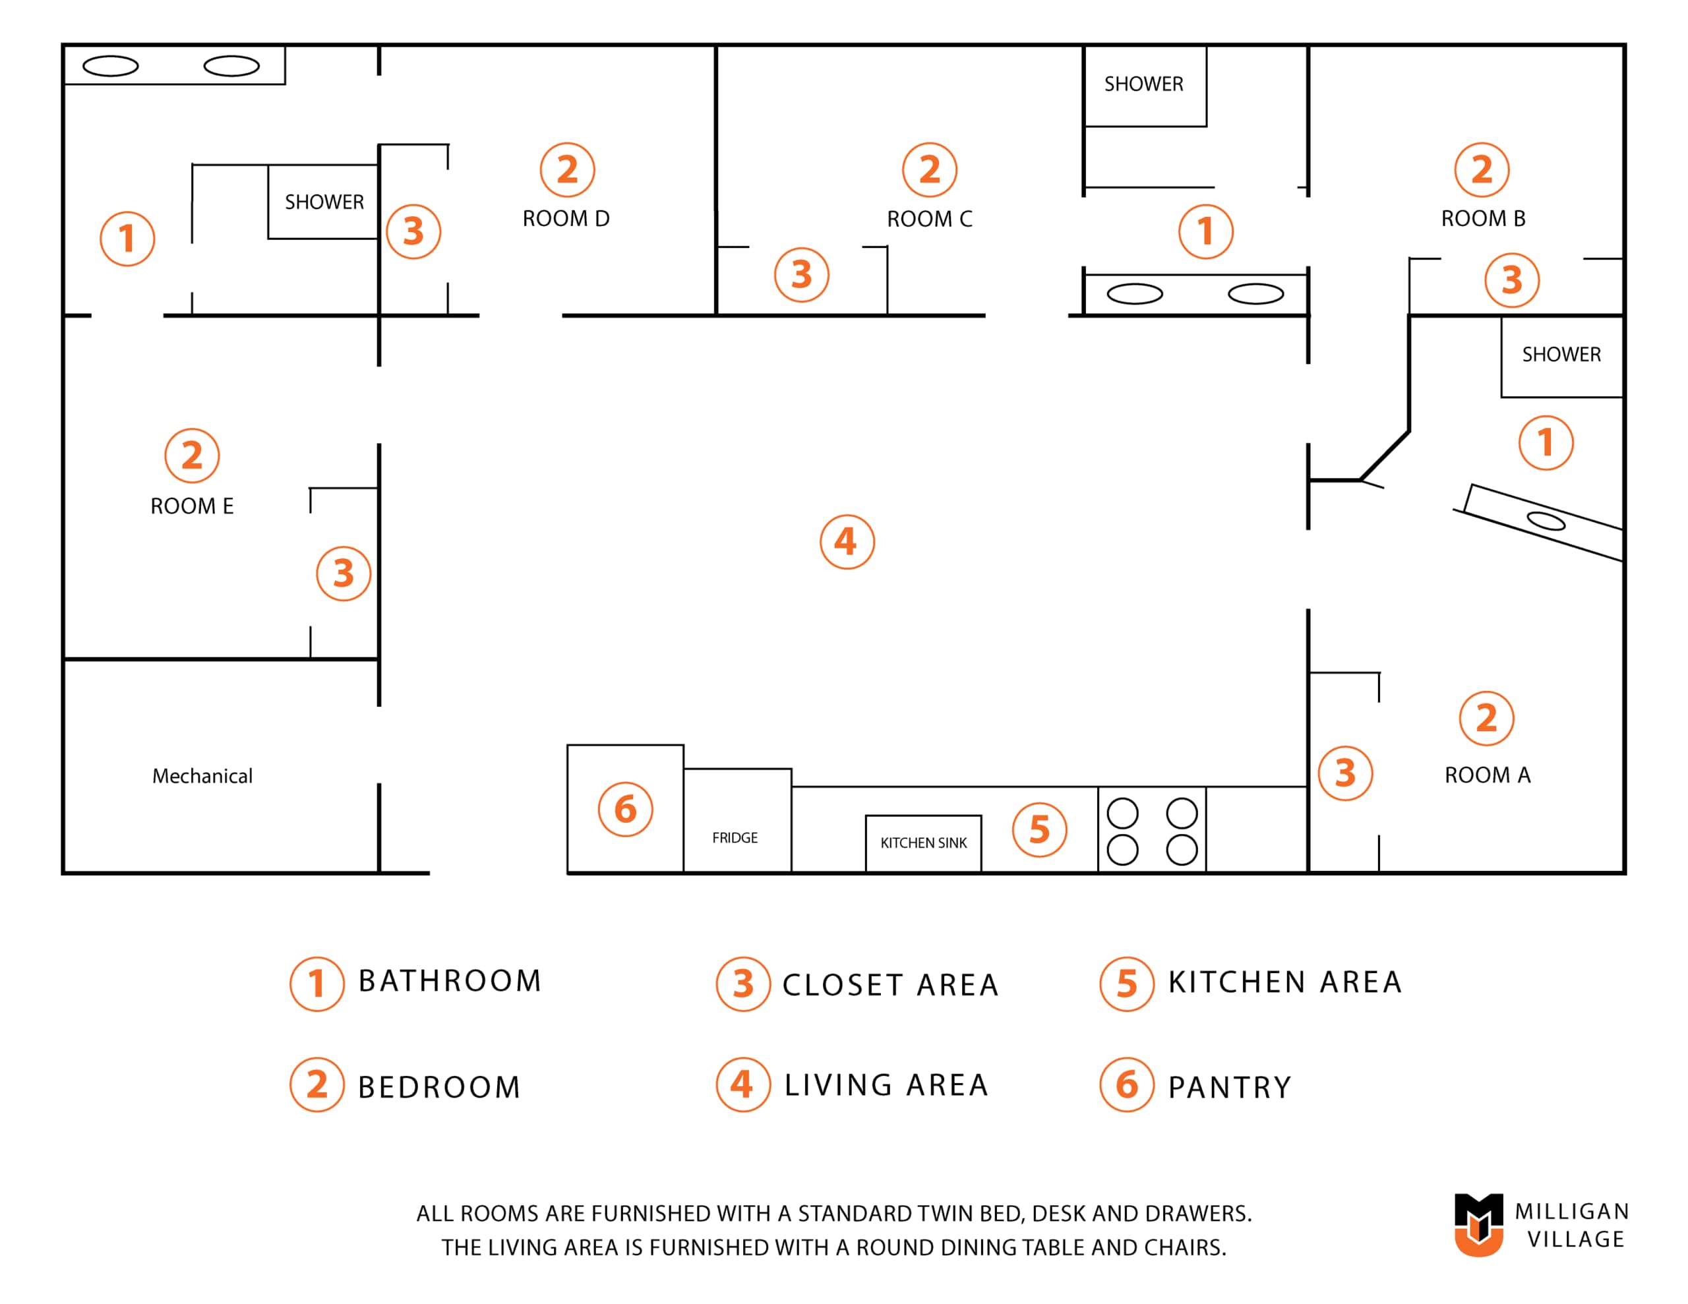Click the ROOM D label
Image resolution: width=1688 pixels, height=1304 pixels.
click(x=566, y=219)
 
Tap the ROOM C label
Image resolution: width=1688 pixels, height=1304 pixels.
click(x=929, y=219)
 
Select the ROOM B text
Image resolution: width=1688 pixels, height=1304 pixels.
click(x=1482, y=219)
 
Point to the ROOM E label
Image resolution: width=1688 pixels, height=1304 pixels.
click(x=192, y=506)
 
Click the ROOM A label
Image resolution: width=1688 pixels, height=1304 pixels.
click(x=1487, y=775)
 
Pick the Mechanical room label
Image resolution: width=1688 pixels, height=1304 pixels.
click(x=202, y=775)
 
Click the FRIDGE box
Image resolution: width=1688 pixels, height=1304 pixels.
click(x=737, y=820)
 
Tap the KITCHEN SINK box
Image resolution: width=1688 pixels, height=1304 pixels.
click(x=923, y=843)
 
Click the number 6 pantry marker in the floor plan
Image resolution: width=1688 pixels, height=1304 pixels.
click(x=625, y=810)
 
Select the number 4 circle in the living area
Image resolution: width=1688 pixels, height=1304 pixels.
click(x=847, y=542)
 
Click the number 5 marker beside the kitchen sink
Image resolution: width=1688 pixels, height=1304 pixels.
click(x=1040, y=829)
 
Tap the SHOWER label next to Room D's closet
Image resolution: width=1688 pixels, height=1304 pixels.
click(x=324, y=202)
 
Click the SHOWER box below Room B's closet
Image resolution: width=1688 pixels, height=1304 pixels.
click(x=1561, y=357)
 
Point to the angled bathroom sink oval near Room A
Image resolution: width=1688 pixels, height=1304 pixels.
click(x=1546, y=521)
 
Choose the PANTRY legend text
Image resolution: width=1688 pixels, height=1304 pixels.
click(x=1229, y=1087)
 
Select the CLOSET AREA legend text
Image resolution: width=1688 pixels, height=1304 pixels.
click(x=890, y=985)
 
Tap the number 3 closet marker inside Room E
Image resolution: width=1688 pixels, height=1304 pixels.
click(x=343, y=574)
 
